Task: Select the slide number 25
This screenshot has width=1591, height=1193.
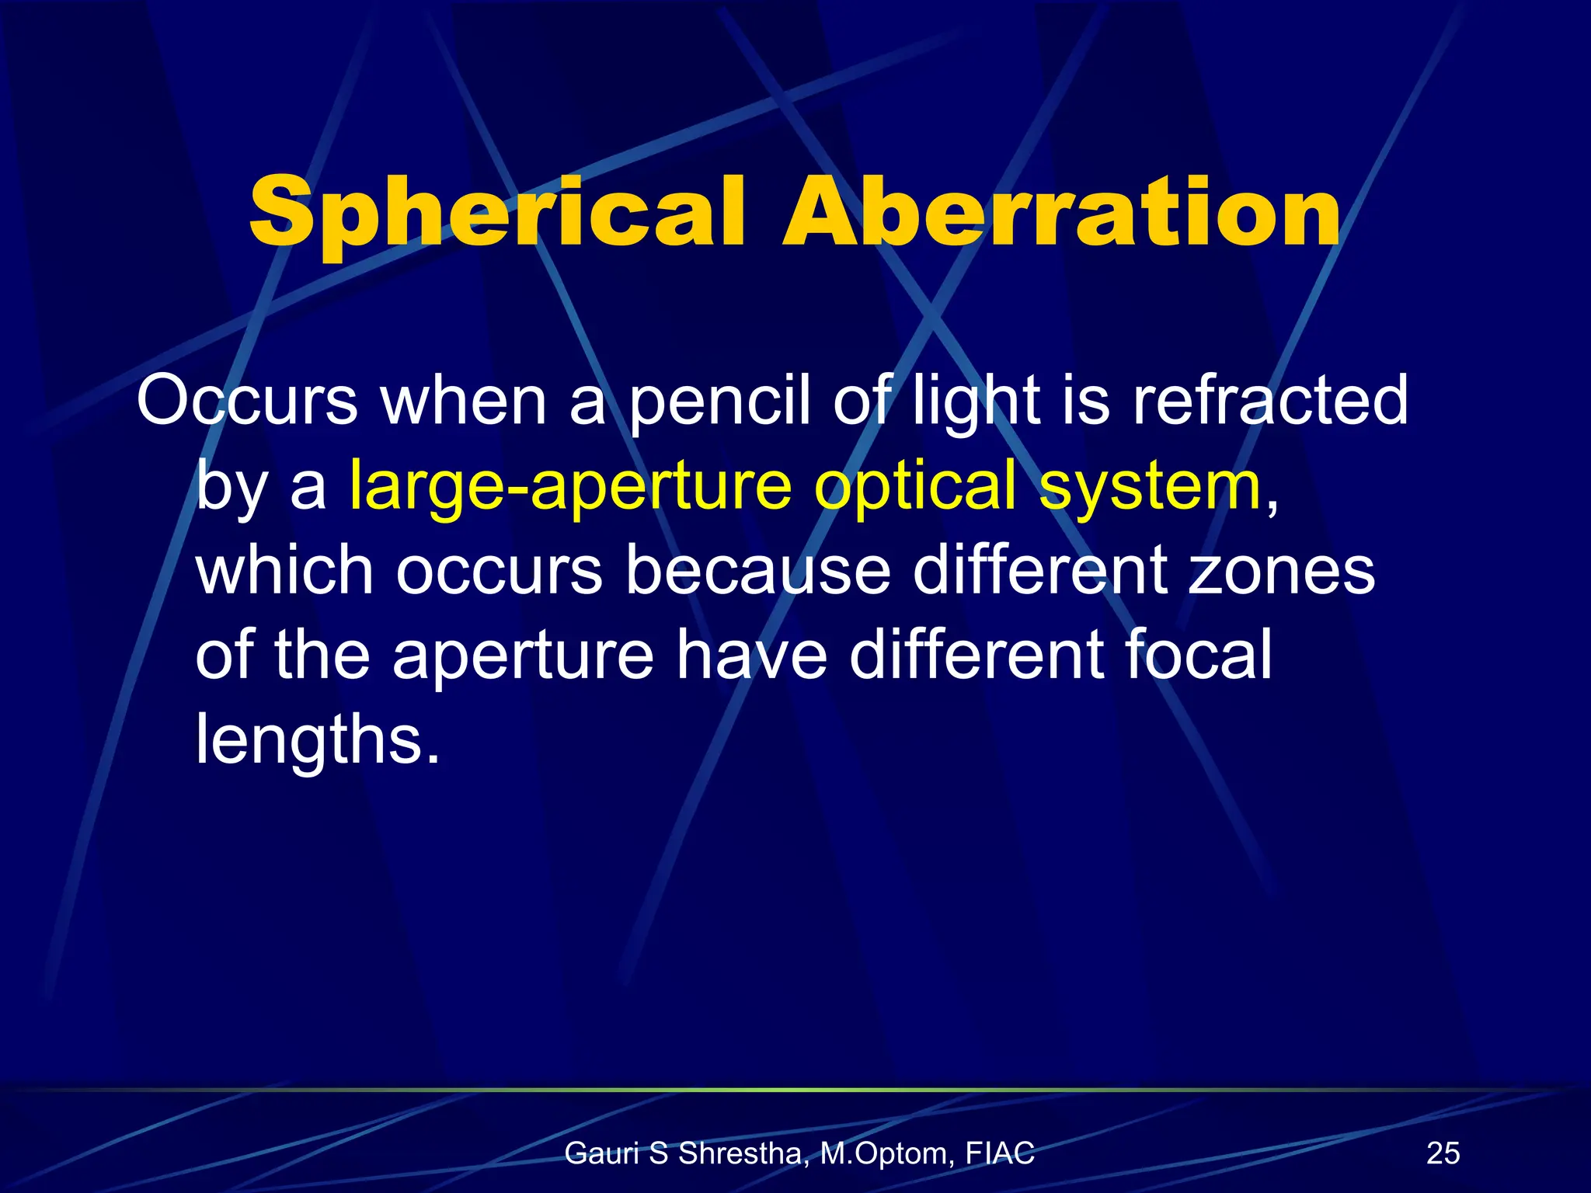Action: coord(1443,1153)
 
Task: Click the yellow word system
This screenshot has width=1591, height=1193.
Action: coord(1150,487)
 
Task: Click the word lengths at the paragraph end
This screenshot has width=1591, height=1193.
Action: coord(317,739)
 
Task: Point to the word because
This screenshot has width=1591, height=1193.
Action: coord(757,571)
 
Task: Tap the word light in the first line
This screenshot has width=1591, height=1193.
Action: coord(976,402)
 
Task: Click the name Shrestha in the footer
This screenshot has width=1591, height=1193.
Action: coord(738,1154)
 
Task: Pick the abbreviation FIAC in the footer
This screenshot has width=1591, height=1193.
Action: coord(1000,1153)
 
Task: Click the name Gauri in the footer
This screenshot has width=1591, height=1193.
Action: coord(602,1154)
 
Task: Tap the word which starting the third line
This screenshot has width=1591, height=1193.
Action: coord(285,571)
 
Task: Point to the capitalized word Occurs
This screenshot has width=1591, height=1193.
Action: coord(247,402)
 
